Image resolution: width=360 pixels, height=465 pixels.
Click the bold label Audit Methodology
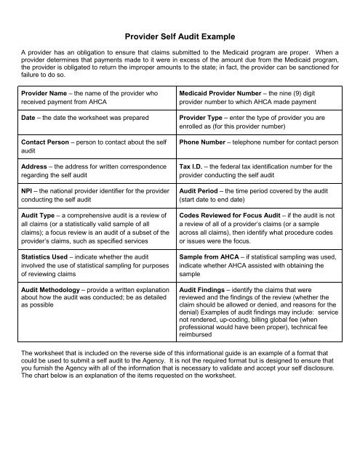[x=55, y=288]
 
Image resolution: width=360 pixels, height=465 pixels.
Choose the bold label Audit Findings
[x=207, y=288]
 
